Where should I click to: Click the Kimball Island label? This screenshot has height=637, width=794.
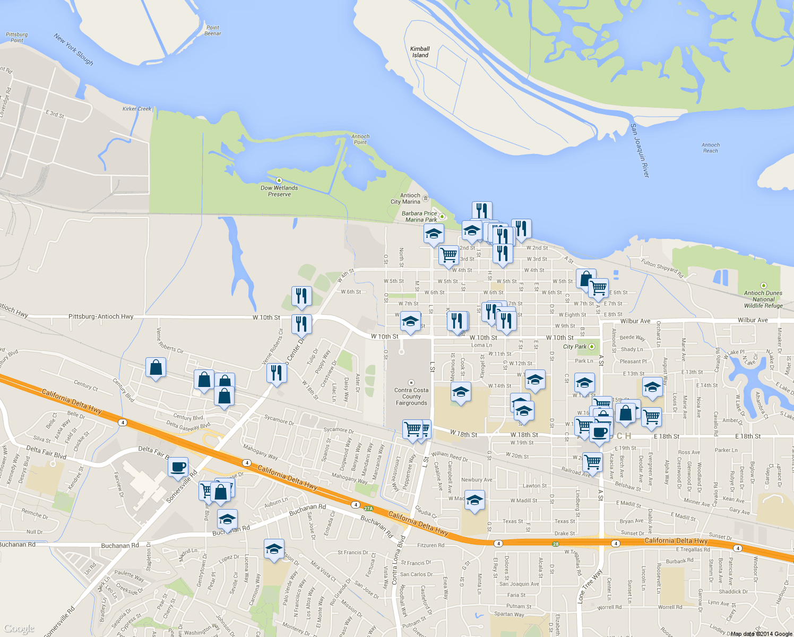[x=420, y=52]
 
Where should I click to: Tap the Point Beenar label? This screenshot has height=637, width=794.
[x=213, y=30]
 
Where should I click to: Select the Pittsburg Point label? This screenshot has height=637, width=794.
[x=16, y=37]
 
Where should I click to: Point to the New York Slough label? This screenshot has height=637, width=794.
[x=73, y=49]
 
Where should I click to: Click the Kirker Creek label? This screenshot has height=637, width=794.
[x=137, y=109]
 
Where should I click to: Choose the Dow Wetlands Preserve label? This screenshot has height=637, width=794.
[x=279, y=191]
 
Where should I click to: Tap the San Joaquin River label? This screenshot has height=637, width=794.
[x=640, y=150]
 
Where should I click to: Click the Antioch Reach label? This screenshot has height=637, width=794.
[x=711, y=148]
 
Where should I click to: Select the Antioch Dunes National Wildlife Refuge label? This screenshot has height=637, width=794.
[x=763, y=299]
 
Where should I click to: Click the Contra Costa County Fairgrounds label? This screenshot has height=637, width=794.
[x=411, y=397]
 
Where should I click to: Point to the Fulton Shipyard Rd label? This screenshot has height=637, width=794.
[x=662, y=269]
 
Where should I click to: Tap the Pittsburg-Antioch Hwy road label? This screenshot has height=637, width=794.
[x=101, y=316]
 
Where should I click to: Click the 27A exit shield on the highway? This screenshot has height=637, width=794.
[x=368, y=509]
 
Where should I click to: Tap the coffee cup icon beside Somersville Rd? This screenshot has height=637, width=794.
[x=178, y=467]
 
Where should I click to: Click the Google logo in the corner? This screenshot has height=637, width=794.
[x=19, y=629]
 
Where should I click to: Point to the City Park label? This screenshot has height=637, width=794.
[x=575, y=347]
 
